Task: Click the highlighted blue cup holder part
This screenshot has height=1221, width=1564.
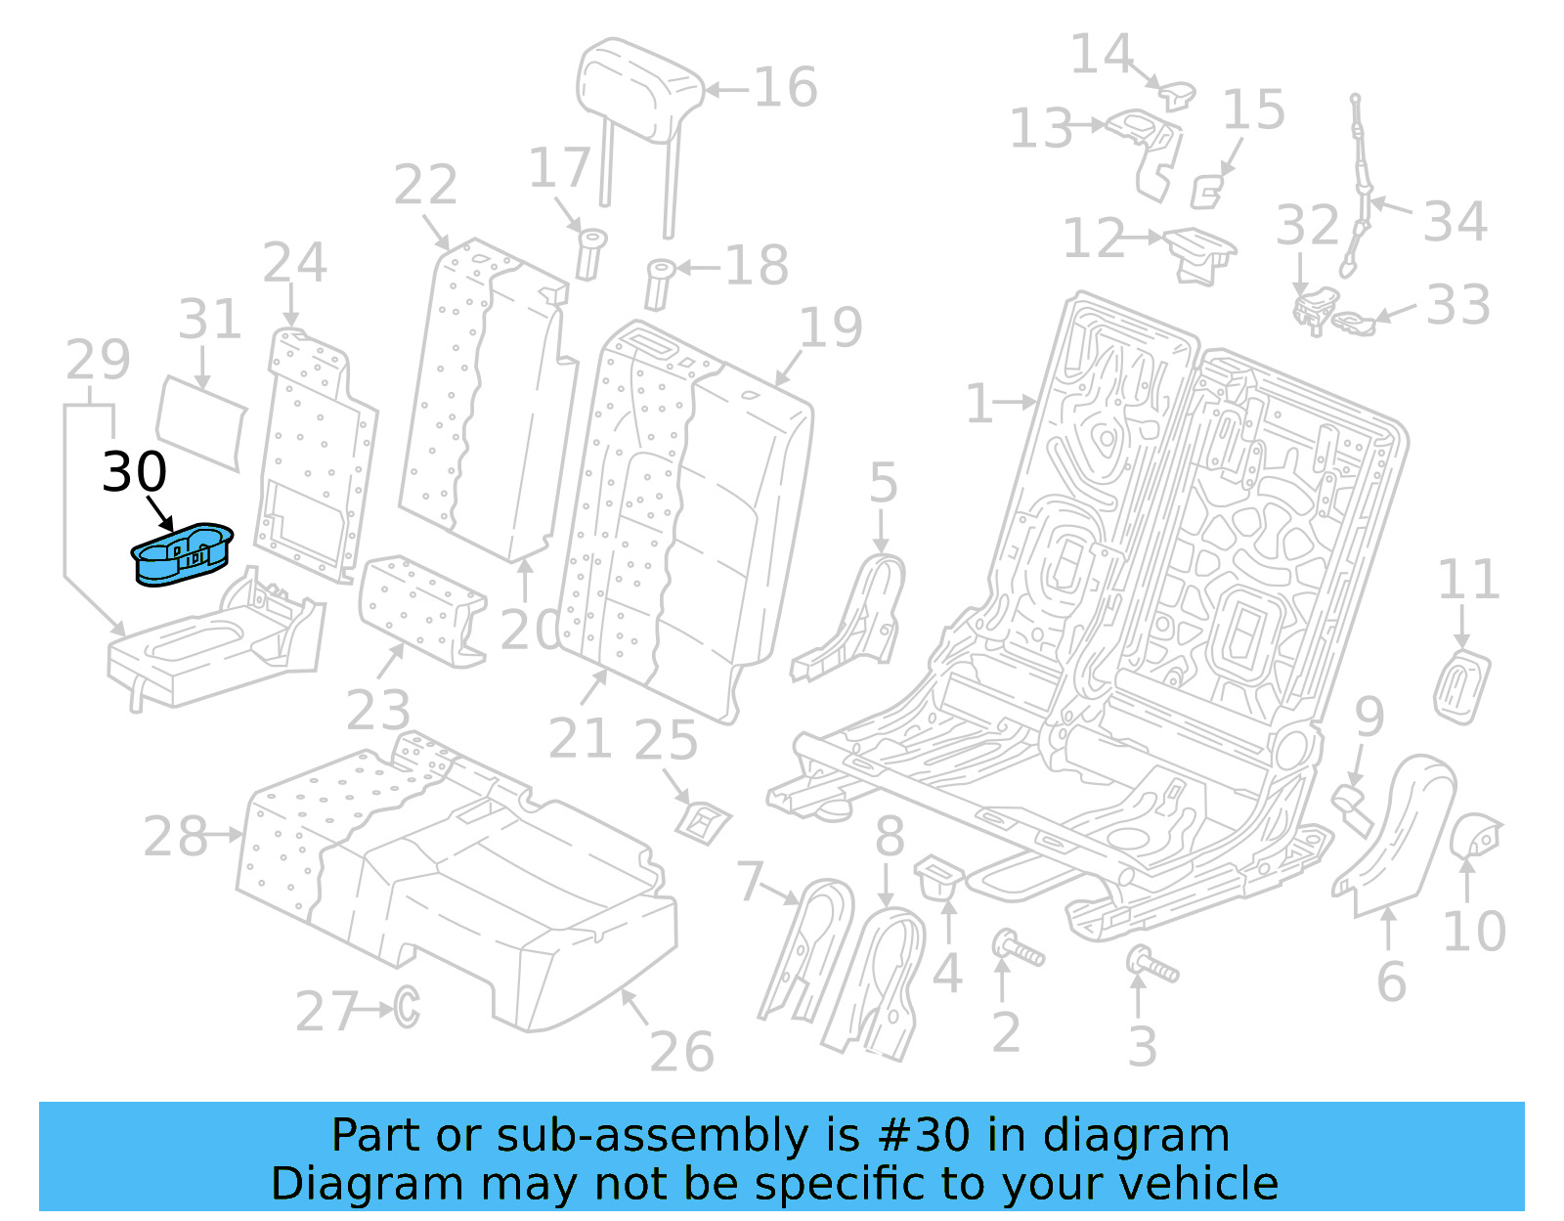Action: [183, 554]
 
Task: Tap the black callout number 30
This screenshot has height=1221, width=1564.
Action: [135, 472]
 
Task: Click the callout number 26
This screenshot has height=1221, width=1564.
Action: [681, 1052]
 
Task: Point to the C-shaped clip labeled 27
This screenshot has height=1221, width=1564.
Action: [407, 1007]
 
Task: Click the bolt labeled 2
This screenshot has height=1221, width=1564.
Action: [1018, 948]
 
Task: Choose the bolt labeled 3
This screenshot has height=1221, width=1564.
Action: [1152, 965]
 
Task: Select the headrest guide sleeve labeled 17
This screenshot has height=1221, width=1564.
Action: [590, 253]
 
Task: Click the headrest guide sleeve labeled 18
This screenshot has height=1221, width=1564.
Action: [660, 283]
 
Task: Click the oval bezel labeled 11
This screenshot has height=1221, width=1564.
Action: [1462, 686]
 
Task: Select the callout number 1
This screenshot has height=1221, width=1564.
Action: [978, 403]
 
